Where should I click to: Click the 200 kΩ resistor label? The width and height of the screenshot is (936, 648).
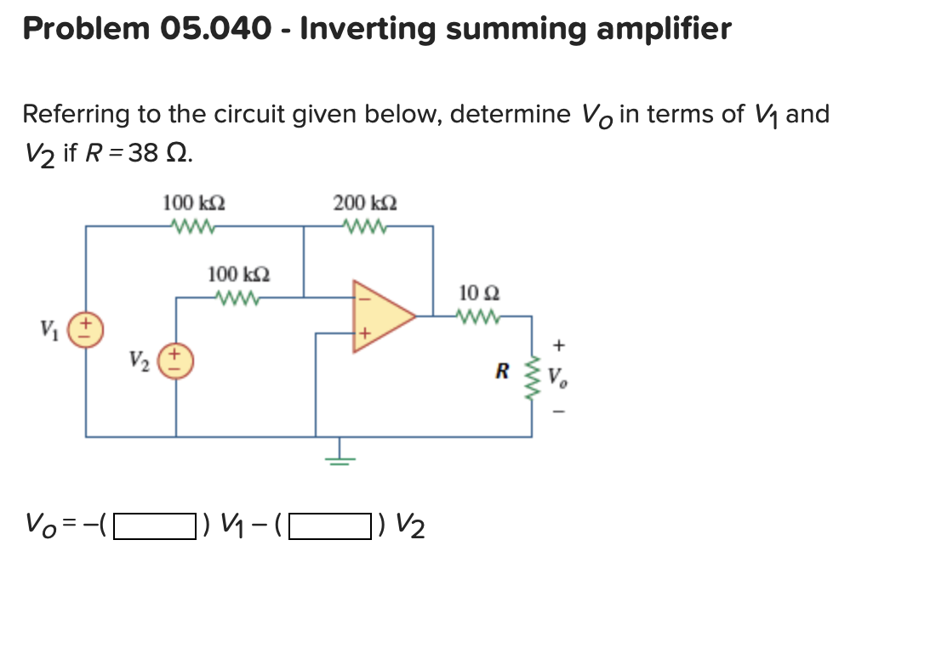(364, 203)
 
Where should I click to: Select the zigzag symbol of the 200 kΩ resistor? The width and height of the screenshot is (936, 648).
(364, 226)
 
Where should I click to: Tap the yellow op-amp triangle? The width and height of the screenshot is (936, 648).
(381, 315)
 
